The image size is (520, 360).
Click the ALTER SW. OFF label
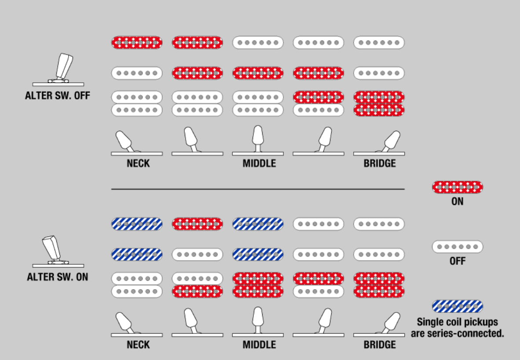(x=58, y=96)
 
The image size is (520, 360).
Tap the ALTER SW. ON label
(x=58, y=277)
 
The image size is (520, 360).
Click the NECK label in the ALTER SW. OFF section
(x=138, y=163)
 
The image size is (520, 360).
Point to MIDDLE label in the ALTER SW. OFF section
(x=259, y=163)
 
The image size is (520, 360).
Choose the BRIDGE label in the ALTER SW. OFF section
(x=380, y=163)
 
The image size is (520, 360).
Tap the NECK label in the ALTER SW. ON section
(x=138, y=345)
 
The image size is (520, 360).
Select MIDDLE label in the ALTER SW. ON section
(x=259, y=345)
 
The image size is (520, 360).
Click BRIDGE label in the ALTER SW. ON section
(x=380, y=345)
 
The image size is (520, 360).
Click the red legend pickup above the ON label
(x=458, y=187)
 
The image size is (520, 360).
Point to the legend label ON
(x=458, y=202)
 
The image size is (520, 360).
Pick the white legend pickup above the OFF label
(x=458, y=246)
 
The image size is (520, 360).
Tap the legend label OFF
(x=458, y=261)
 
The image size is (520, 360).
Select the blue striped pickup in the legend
(x=458, y=306)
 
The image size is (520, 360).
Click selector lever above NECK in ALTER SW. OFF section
(x=124, y=141)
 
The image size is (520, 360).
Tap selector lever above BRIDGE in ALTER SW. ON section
(x=390, y=322)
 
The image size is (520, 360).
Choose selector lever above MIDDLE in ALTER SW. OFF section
(x=258, y=138)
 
